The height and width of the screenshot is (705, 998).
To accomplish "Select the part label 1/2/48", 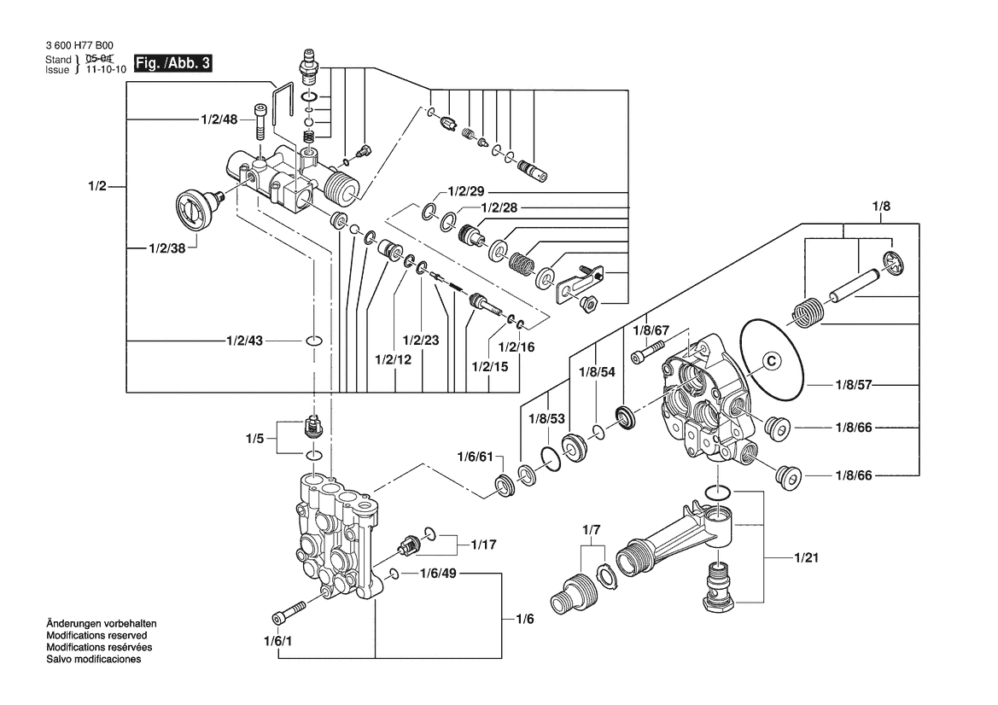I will point(219,119).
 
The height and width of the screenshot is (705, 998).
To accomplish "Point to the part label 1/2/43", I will point(245,341).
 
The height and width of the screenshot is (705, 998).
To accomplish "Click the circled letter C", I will point(769,360).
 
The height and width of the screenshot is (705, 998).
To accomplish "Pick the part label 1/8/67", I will point(651,330).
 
